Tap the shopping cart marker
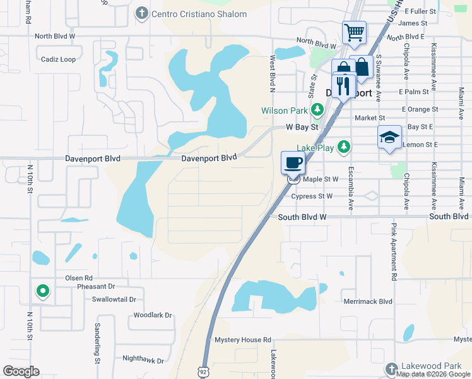tap(354, 32)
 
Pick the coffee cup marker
tap(293, 163)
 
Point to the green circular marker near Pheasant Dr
tap(43, 291)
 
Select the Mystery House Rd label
tap(242, 340)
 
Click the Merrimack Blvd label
tap(368, 301)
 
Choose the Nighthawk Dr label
tap(143, 360)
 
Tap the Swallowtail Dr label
tap(114, 299)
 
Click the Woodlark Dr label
tap(153, 315)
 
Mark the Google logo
tap(21, 371)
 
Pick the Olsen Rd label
tap(79, 278)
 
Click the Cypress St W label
tap(312, 196)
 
